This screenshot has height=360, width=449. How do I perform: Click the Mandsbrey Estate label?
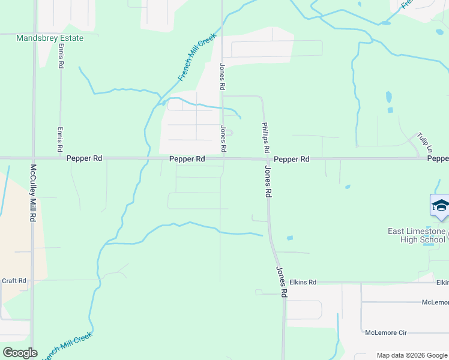pyautogui.click(x=50, y=38)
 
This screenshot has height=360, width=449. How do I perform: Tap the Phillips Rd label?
pyautogui.click(x=265, y=137)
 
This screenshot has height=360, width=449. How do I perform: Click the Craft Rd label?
pyautogui.click(x=14, y=280)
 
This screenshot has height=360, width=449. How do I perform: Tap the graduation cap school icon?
pyautogui.click(x=440, y=205)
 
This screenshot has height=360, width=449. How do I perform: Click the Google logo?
pyautogui.click(x=20, y=353)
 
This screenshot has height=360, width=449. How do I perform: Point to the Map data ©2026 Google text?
pyautogui.click(x=411, y=355)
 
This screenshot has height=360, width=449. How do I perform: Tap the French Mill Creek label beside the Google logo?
pyautogui.click(x=67, y=346)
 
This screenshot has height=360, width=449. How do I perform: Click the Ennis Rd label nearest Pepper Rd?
pyautogui.click(x=60, y=139)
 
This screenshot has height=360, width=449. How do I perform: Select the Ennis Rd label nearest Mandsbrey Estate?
pyautogui.click(x=61, y=59)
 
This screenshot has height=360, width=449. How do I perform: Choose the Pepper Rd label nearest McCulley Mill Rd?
pyautogui.click(x=84, y=158)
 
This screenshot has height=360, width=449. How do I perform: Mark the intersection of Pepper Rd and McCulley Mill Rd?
pyautogui.click(x=34, y=158)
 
